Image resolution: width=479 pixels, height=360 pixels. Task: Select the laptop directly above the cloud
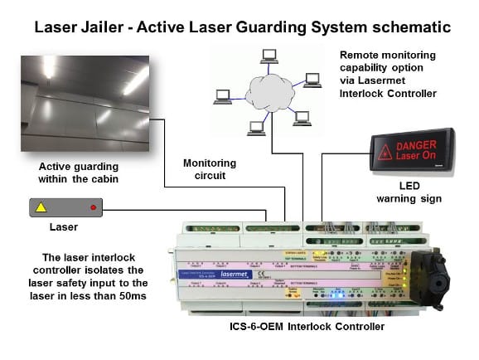[269, 57]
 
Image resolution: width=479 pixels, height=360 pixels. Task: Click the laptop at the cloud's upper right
[312, 80]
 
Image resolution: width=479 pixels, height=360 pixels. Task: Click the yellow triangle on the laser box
[41, 207]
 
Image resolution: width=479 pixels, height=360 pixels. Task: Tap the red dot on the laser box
[93, 207]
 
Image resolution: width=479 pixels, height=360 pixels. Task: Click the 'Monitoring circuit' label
[209, 170]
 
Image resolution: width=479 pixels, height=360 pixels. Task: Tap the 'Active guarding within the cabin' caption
[79, 172]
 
